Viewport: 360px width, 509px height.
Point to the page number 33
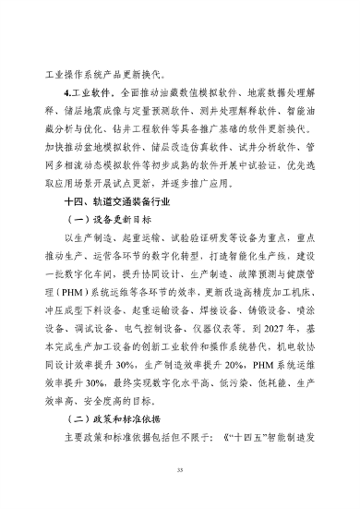(x=180, y=470)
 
